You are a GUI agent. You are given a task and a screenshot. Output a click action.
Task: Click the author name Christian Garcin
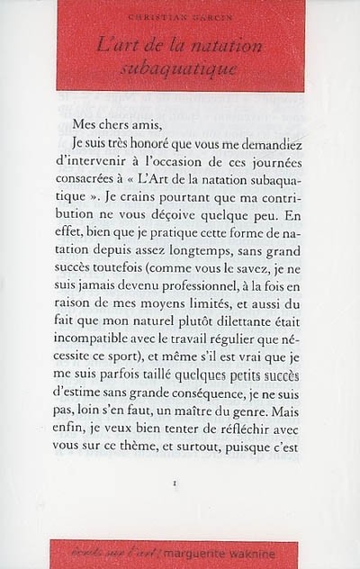coord(180,17)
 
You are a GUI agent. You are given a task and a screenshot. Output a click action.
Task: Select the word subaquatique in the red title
coord(180,68)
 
